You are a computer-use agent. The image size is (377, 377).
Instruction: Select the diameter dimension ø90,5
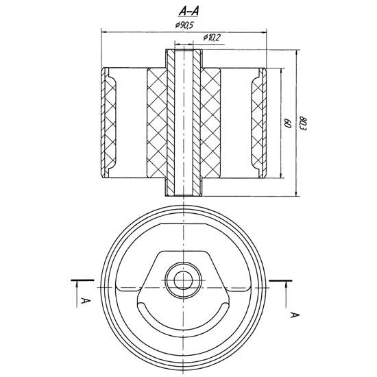(186, 25)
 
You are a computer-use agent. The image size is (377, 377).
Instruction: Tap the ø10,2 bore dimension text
(210, 38)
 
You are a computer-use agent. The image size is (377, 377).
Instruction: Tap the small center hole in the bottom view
(183, 279)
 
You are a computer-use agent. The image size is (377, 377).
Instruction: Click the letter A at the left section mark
(82, 300)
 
